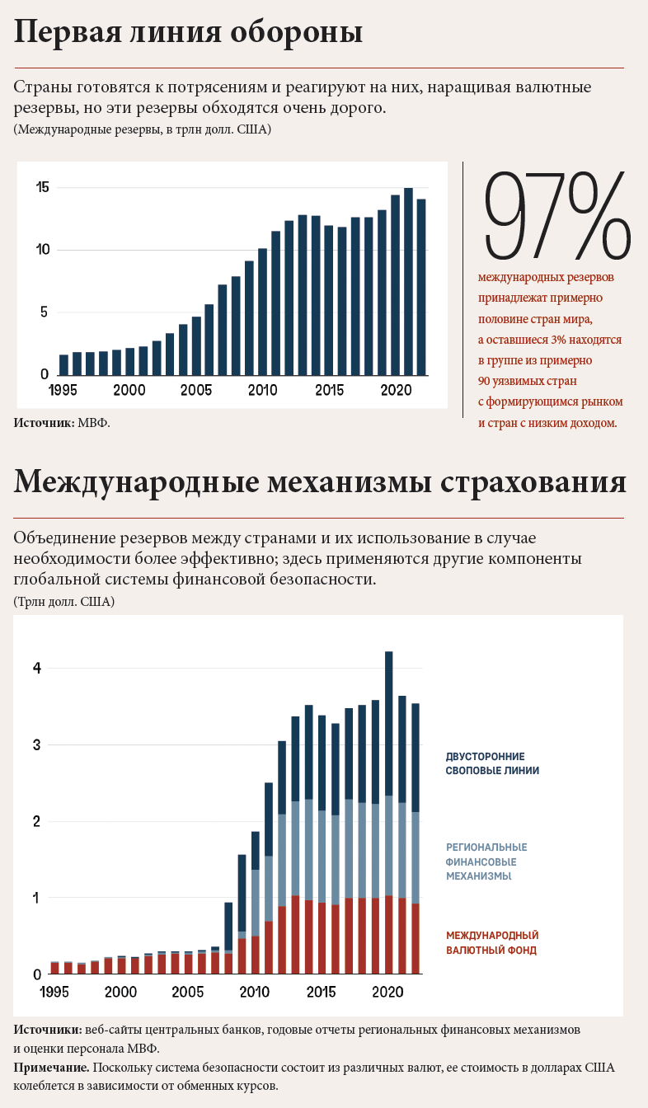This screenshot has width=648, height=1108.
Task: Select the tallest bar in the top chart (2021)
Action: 408,281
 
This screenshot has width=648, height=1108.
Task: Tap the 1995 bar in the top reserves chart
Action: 63,364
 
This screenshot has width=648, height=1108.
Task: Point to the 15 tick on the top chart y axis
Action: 43,187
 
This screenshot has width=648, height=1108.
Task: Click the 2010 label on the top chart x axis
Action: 262,390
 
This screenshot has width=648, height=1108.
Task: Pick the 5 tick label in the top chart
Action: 45,312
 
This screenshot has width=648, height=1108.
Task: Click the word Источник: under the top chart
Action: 45,423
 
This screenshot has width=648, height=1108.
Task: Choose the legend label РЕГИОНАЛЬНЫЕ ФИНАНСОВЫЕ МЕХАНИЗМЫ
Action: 486,862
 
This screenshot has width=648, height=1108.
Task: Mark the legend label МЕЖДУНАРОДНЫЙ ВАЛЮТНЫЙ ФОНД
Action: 492,942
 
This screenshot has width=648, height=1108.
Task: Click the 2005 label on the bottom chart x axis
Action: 188,991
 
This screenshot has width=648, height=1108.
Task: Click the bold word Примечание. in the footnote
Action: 52,1068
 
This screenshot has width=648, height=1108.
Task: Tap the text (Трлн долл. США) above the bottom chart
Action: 63,602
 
